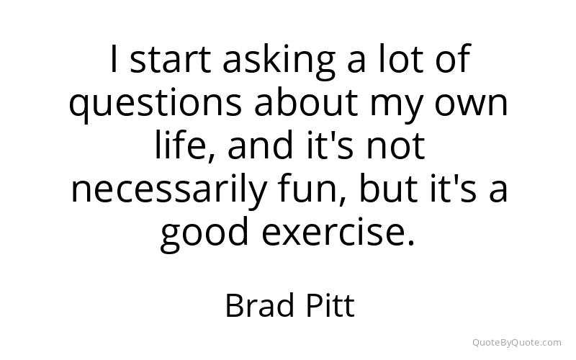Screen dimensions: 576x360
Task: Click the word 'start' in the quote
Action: (x=171, y=59)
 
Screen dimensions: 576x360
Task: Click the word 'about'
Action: (x=306, y=101)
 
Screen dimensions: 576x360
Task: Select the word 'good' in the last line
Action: (x=204, y=233)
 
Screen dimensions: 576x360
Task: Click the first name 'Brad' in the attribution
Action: (x=260, y=305)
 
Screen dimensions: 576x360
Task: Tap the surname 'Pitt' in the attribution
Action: (x=330, y=305)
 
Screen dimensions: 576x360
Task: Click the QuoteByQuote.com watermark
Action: (x=517, y=343)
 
